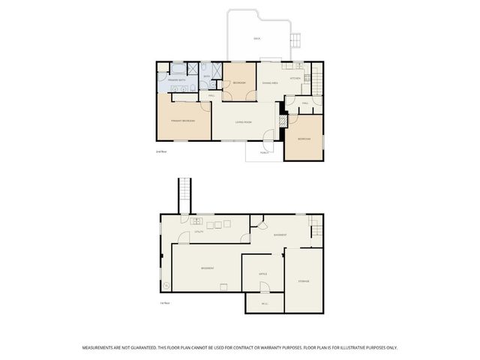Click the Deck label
point(256,38)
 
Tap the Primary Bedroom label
point(183,120)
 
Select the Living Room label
point(242,121)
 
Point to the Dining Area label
point(270,82)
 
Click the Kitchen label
point(295,77)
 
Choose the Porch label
point(264,152)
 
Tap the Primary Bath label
point(176,79)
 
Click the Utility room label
point(199,232)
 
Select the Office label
point(263,274)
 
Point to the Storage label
point(303,281)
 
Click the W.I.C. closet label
point(265,303)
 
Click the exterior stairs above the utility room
point(184,196)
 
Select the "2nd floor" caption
point(160,152)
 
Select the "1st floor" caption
point(164,302)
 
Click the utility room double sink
point(196,221)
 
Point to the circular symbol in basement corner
point(166,284)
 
